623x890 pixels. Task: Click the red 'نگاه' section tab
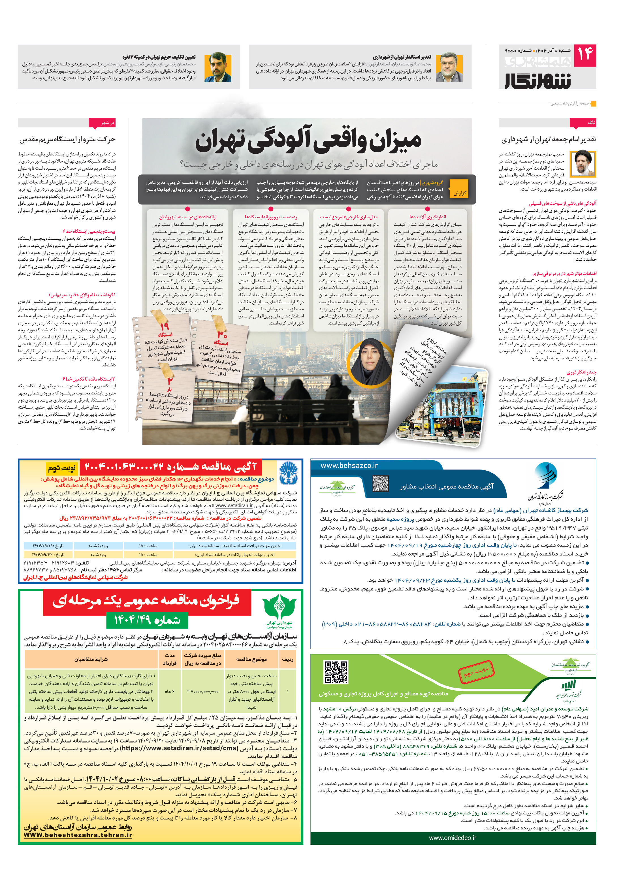583,123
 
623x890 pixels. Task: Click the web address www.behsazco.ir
349,466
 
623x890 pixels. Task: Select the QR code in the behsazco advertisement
380,483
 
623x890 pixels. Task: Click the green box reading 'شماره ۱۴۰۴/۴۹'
147,620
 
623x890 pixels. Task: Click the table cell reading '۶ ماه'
170,691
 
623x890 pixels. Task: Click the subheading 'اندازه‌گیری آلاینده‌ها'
428,217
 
